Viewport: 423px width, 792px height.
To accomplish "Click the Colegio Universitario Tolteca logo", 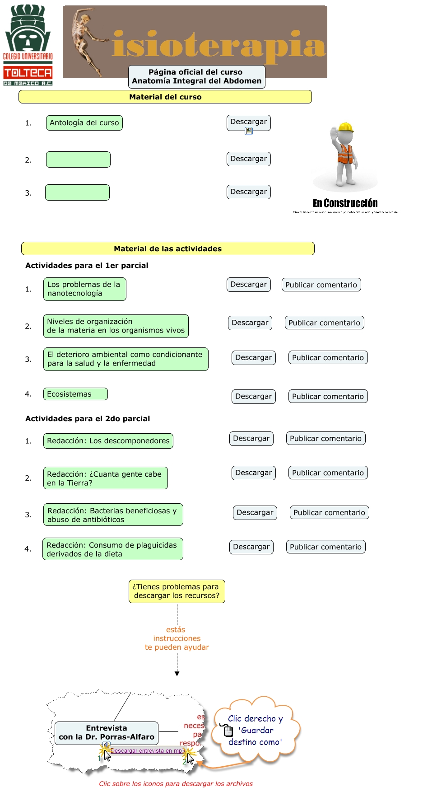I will (28, 45).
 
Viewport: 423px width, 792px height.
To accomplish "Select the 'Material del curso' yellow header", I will (165, 97).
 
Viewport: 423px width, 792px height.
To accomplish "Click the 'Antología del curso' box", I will (84, 123).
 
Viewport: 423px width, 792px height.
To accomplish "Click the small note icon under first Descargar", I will (249, 131).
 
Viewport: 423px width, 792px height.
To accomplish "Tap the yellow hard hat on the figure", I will (345, 127).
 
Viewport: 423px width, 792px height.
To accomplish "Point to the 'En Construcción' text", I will (345, 203).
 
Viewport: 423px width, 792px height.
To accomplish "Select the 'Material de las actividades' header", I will (168, 248).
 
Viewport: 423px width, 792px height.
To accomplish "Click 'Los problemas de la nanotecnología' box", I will (84, 289).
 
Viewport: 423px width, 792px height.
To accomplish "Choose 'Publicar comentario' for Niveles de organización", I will (324, 323).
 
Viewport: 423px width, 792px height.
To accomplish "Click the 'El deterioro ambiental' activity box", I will (126, 359).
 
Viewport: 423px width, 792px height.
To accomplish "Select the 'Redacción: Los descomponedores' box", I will (108, 441).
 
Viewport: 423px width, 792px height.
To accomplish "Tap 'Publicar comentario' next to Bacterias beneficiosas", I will (329, 512).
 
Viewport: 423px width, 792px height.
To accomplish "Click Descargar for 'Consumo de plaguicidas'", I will (251, 547).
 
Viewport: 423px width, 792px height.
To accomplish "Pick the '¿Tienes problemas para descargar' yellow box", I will (177, 591).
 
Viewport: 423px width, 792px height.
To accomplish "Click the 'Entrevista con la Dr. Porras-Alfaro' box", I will (107, 733).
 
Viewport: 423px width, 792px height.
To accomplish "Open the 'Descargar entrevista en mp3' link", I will (147, 751).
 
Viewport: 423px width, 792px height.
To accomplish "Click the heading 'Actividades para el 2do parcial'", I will (88, 418).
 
